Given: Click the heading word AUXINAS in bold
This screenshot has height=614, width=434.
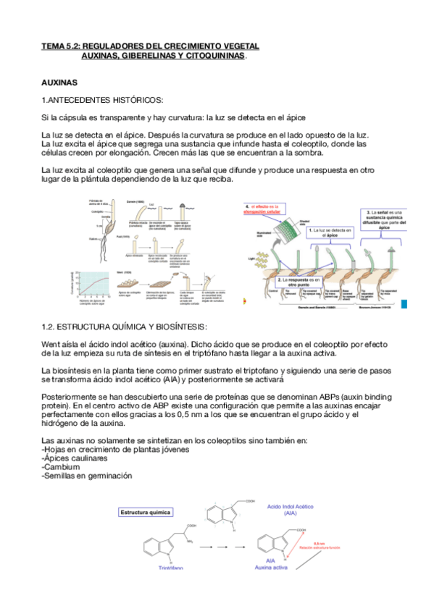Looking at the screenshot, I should pyautogui.click(x=64, y=83).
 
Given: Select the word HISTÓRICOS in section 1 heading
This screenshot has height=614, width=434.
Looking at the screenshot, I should pyautogui.click(x=134, y=99).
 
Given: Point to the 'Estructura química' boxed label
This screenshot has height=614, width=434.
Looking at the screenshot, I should pyautogui.click(x=146, y=513).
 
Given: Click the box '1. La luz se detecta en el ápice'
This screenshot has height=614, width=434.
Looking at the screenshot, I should pyautogui.click(x=330, y=233).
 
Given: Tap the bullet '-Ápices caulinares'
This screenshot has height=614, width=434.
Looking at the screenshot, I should pyautogui.click(x=76, y=458).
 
